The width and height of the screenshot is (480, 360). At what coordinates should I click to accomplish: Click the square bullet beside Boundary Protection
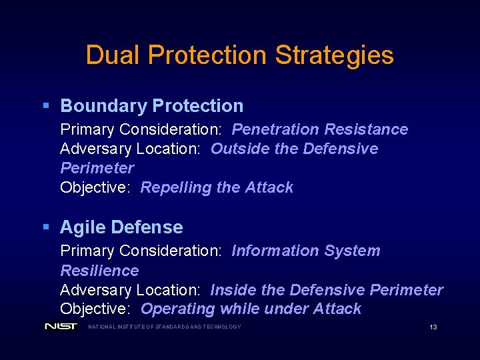46,105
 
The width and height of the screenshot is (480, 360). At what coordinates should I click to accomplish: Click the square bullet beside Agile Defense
46,227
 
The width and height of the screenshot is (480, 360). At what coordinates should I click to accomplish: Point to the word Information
272,251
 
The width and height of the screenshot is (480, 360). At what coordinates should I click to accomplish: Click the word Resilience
99,271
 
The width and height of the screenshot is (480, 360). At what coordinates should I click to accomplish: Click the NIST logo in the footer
61,327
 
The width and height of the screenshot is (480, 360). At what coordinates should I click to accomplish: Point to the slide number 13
433,327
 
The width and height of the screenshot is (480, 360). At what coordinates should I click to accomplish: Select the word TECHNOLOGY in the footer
222,327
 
